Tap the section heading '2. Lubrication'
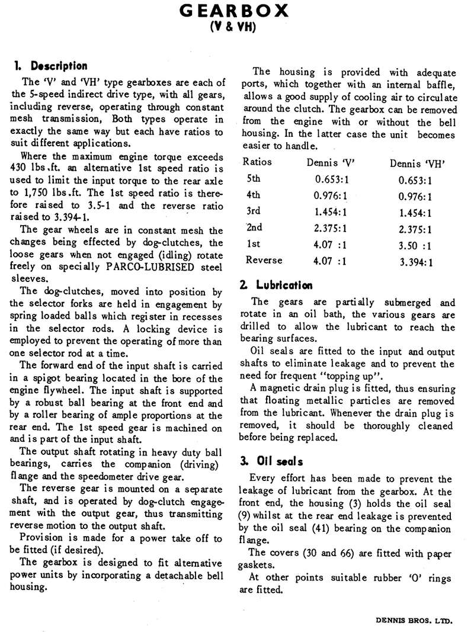[276, 285]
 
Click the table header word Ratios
[258, 162]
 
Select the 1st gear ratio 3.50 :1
[415, 244]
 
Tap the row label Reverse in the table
[264, 260]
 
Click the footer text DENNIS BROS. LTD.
[414, 621]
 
